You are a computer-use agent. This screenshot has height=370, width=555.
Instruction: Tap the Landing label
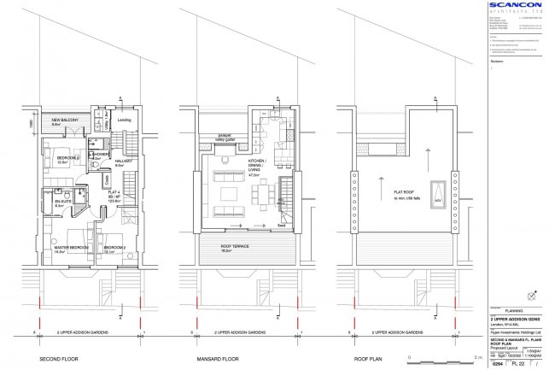122,120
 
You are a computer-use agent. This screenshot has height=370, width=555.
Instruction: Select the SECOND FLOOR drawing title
67,359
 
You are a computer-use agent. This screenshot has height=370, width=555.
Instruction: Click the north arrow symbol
534,296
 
